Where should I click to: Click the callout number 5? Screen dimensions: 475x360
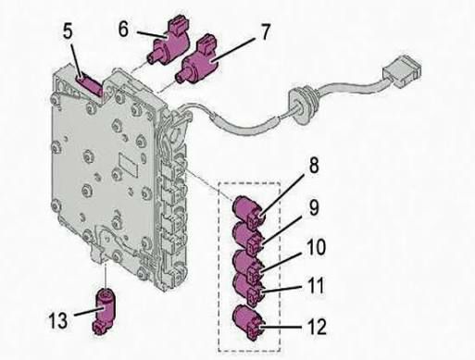point(68,31)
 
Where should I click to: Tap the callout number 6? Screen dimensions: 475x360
point(123,30)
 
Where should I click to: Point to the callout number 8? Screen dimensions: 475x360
point(314,166)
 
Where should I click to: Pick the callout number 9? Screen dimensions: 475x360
point(314,207)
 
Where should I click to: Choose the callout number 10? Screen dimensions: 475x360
point(315,247)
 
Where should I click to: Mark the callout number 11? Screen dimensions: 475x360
point(315,285)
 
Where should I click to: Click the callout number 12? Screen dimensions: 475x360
point(317,328)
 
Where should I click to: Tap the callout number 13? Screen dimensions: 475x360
point(58,320)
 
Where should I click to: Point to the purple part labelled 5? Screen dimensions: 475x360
point(90,85)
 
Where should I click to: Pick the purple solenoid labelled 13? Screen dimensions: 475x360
point(104,311)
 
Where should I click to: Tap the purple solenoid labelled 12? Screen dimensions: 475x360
point(248,322)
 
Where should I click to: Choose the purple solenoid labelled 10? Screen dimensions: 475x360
point(248,266)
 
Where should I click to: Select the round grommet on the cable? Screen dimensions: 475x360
point(301,105)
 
